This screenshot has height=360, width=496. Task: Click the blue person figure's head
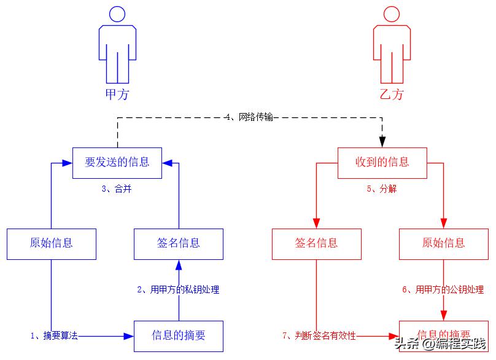click(x=117, y=14)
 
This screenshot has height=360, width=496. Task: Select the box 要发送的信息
click(x=117, y=163)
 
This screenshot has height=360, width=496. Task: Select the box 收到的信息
click(x=382, y=163)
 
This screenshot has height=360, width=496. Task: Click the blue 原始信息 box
click(x=52, y=243)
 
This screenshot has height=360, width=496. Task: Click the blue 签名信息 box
click(x=179, y=243)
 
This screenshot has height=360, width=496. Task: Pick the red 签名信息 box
click(x=316, y=243)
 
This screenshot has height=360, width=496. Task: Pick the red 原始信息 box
click(x=443, y=243)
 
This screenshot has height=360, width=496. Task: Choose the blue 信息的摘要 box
click(x=179, y=335)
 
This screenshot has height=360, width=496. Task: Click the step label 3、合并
click(x=117, y=189)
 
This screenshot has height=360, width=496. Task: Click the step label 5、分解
click(x=382, y=189)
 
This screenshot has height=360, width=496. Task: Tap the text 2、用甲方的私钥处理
click(x=178, y=289)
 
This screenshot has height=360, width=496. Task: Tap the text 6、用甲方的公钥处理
click(x=443, y=289)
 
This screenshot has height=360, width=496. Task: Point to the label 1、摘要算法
click(x=54, y=335)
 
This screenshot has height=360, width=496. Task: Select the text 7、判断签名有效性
click(x=319, y=335)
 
